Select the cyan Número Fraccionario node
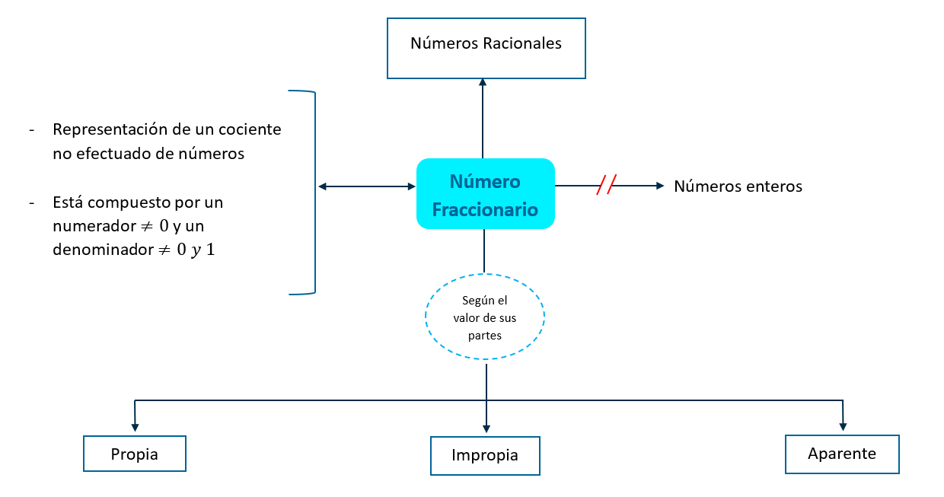pyautogui.click(x=485, y=193)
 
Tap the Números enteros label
pyautogui.click(x=738, y=186)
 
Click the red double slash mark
pyautogui.click(x=606, y=185)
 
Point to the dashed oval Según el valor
pyautogui.click(x=485, y=317)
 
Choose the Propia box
pyautogui.click(x=135, y=454)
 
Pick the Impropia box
pyautogui.click(x=485, y=456)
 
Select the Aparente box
pyautogui.click(x=842, y=454)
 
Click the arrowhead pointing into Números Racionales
pyautogui.click(x=483, y=83)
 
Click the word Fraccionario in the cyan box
pyautogui.click(x=485, y=209)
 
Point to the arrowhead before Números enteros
pyautogui.click(x=659, y=185)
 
